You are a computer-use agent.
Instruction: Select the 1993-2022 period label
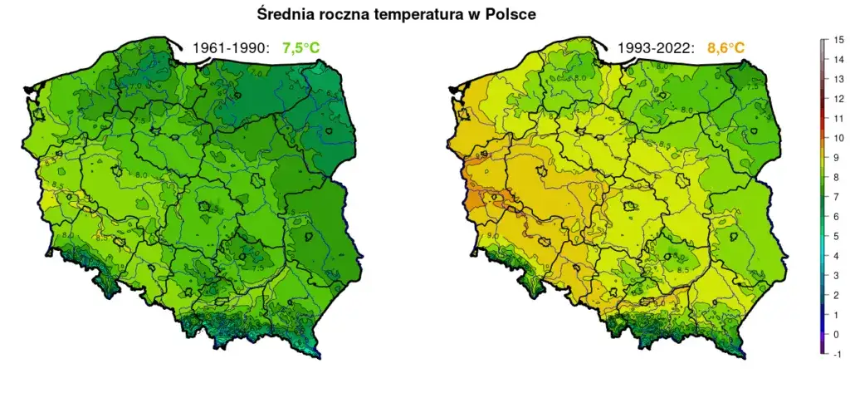[655, 48]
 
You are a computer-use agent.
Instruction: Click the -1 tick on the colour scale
[838, 354]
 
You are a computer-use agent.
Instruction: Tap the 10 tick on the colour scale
[838, 138]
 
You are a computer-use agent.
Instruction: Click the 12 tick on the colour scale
[838, 99]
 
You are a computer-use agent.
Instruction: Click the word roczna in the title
[347, 14]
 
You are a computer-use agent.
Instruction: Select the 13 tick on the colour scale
[838, 79]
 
